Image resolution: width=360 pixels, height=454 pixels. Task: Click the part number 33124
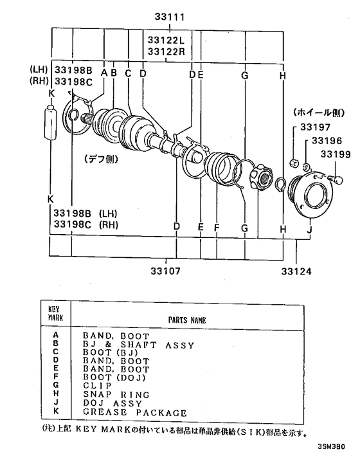(x=296, y=271)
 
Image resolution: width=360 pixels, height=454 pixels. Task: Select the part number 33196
(x=327, y=141)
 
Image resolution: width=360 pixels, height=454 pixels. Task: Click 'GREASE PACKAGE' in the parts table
(x=135, y=412)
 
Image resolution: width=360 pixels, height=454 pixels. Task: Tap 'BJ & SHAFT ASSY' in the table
(x=138, y=345)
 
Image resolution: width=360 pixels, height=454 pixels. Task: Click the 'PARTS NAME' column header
(x=186, y=319)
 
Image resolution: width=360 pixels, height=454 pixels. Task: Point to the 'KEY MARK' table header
(x=54, y=313)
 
